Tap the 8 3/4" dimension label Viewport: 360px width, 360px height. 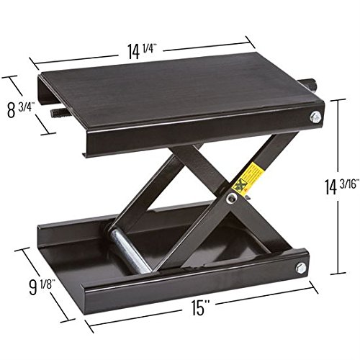point(21,110)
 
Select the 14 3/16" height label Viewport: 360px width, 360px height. point(339,186)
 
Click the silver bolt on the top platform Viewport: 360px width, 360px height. point(315,117)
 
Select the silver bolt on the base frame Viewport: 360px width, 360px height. point(301,268)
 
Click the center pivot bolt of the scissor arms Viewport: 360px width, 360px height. point(232,197)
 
